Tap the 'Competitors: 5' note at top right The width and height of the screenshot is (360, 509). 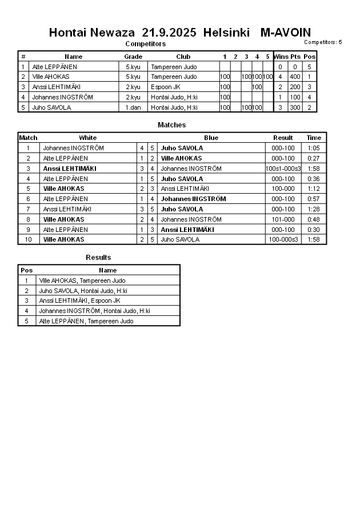pos(323,42)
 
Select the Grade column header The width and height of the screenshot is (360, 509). pos(133,57)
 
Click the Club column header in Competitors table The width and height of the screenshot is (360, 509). pos(183,57)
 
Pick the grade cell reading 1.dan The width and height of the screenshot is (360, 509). pos(133,107)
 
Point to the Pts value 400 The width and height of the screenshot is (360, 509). pos(295,77)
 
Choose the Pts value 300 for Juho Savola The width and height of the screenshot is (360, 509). pos(295,107)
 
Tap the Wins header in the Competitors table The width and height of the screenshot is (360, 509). pos(281,57)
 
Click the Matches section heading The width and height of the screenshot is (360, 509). pos(171,125)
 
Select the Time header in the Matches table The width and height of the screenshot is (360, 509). pos(314,138)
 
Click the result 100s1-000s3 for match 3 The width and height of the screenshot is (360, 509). pos(283,169)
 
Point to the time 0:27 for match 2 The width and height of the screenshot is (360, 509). pos(314,158)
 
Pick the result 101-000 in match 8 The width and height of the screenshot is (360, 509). pos(283,219)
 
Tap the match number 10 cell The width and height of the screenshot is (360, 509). pos(28,240)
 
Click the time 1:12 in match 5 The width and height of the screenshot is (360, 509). pos(314,189)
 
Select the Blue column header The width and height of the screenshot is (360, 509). pos(211,138)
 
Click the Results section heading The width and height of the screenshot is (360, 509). pos(98,258)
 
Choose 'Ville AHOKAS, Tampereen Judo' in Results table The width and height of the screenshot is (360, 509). pos(82,280)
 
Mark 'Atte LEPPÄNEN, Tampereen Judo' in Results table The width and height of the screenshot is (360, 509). pos(86,321)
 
